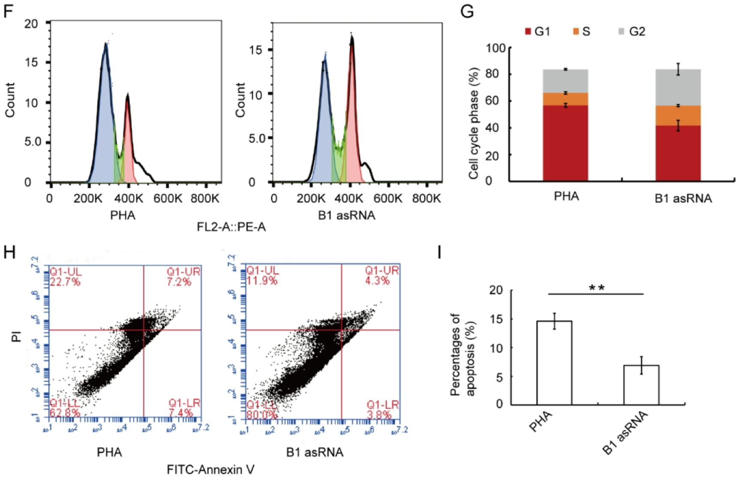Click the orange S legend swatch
point(576,31)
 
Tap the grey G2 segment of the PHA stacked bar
point(565,81)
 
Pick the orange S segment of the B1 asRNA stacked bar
point(678,116)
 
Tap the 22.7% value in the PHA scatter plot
point(65,282)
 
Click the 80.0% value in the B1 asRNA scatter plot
point(261,414)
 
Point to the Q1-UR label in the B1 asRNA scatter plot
point(381,270)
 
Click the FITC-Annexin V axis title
point(210,470)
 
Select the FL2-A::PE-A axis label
point(231,227)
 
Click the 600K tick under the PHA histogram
point(168,198)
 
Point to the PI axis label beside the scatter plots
point(16,336)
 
